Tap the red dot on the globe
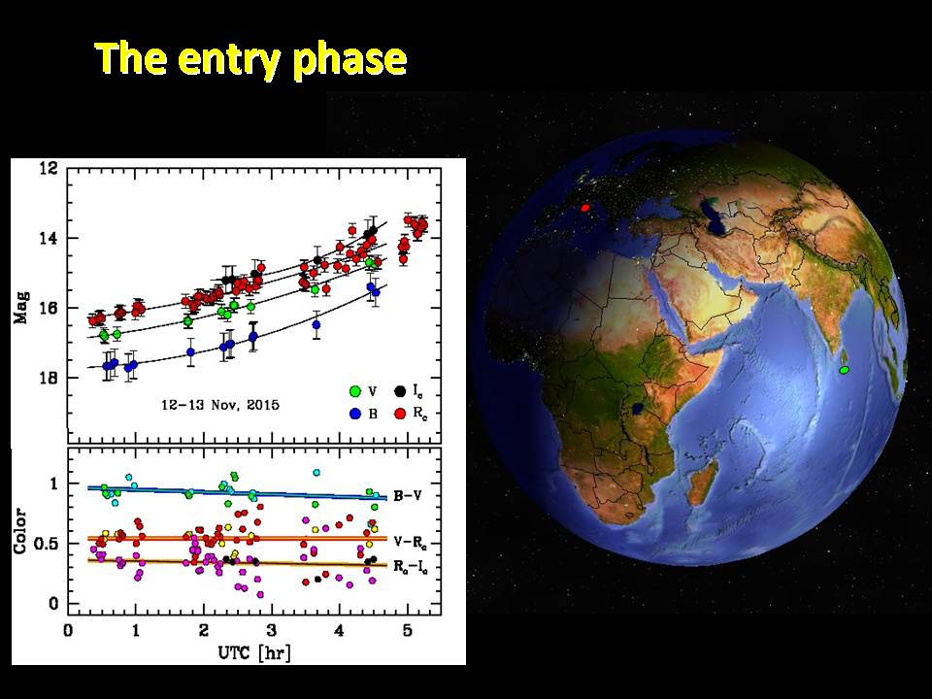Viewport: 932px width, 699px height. tap(585, 208)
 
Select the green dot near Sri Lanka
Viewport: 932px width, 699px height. tap(844, 370)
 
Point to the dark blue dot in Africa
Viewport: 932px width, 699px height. tap(638, 409)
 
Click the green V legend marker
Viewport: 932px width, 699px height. tap(355, 391)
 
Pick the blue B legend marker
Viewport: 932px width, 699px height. tap(355, 414)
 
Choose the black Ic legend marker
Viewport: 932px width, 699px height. tap(401, 391)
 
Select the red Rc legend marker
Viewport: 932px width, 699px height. tap(401, 414)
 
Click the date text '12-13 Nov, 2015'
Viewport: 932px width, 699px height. tap(220, 406)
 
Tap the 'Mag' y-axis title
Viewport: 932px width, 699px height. tap(22, 308)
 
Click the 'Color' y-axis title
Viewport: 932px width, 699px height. tap(20, 531)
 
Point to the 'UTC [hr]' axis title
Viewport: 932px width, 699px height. tap(254, 652)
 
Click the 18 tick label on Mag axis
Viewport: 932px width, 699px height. tap(49, 378)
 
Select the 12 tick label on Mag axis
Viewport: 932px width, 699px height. tap(49, 169)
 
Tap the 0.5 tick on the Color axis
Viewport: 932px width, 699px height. tap(45, 544)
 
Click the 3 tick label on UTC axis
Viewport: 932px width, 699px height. tap(271, 630)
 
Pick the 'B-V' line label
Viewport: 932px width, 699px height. tap(408, 496)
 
